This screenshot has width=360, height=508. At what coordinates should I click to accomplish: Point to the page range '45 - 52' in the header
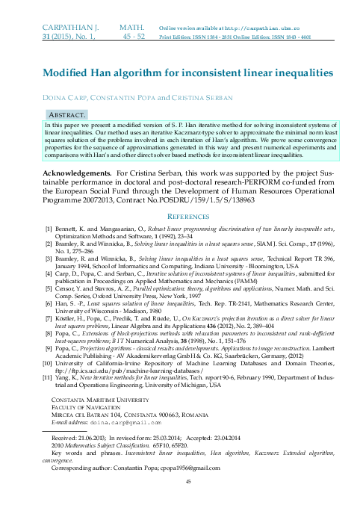134,35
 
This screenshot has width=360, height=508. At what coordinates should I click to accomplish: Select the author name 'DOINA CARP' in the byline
66,98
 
